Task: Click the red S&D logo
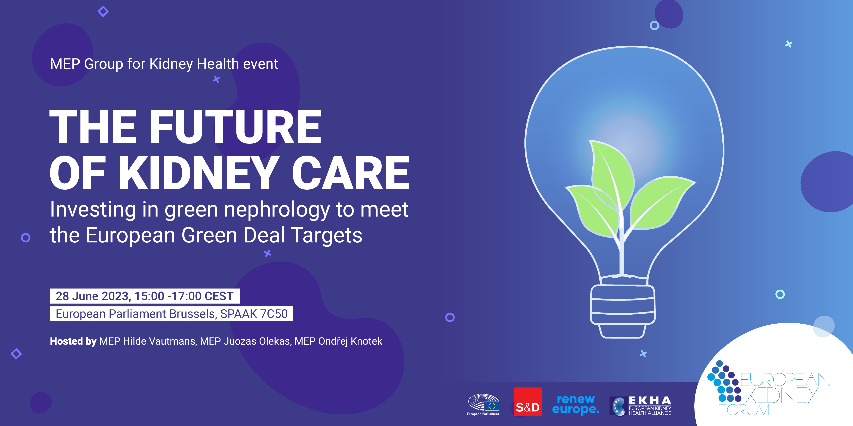(x=528, y=401)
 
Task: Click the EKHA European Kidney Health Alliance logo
(x=640, y=406)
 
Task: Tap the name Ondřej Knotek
(x=350, y=341)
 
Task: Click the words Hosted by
(x=73, y=341)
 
